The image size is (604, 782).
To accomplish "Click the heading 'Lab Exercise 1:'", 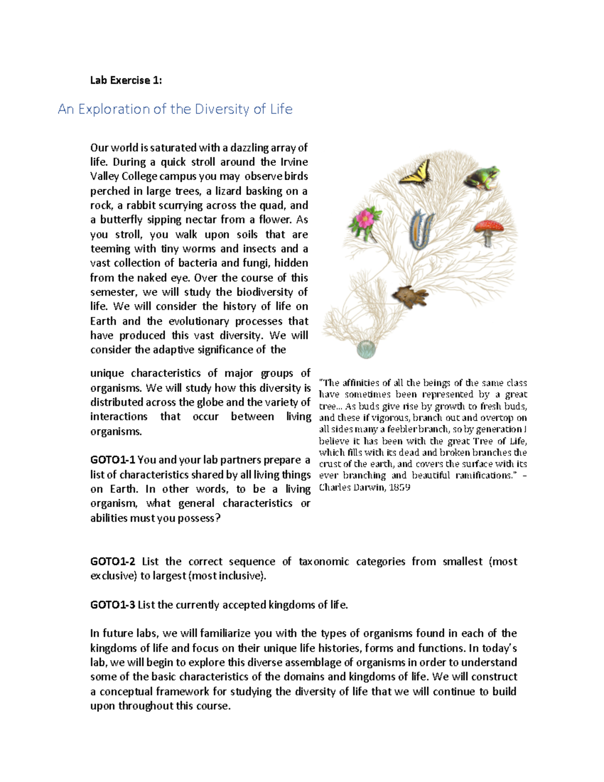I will click(126, 80).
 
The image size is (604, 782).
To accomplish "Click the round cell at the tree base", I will click(366, 348).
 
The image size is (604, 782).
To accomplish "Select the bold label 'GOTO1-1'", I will click(113, 460).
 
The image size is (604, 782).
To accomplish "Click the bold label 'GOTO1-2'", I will click(113, 561).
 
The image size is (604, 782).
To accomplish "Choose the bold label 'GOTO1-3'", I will click(113, 605).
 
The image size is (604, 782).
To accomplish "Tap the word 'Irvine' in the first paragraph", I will click(292, 162).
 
